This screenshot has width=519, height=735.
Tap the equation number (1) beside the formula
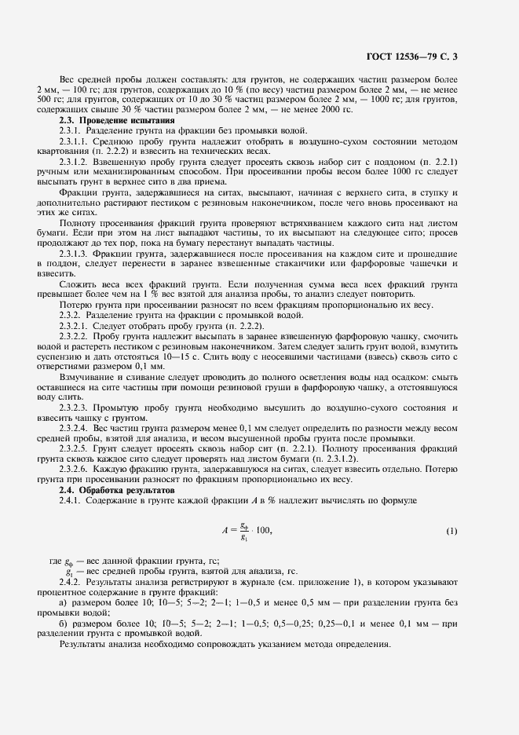(x=451, y=531)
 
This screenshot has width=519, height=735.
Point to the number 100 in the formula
(x=263, y=531)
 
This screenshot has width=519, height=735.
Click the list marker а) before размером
(x=64, y=603)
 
